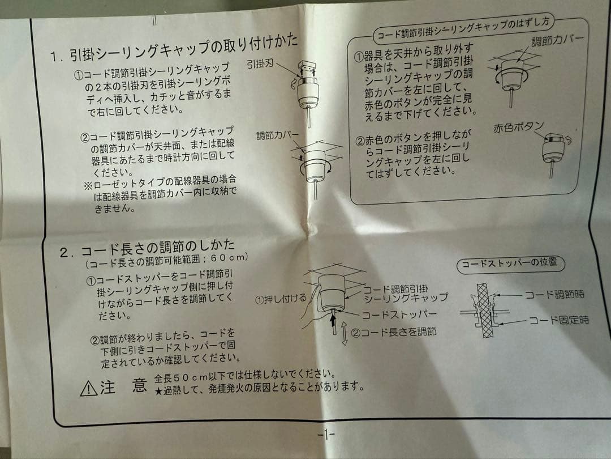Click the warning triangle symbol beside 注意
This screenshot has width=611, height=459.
88,388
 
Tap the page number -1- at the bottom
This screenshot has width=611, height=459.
326,435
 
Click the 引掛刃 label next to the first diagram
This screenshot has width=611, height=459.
260,63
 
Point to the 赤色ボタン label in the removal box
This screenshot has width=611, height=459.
518,127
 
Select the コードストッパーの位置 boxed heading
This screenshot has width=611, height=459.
510,263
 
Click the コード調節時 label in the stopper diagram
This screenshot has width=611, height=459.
554,294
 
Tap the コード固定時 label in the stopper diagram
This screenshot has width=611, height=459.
559,320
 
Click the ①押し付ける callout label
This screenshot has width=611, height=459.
281,299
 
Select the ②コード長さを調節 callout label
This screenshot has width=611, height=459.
394,332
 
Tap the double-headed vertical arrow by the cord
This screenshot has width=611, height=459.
345,334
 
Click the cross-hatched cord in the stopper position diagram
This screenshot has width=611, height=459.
485,311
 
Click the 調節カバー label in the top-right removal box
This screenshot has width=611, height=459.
558,40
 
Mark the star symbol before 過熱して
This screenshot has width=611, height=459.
158,390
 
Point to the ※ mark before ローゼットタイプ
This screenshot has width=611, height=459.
88,185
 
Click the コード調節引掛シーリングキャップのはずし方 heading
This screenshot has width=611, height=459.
463,28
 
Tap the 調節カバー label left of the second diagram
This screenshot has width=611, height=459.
277,135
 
